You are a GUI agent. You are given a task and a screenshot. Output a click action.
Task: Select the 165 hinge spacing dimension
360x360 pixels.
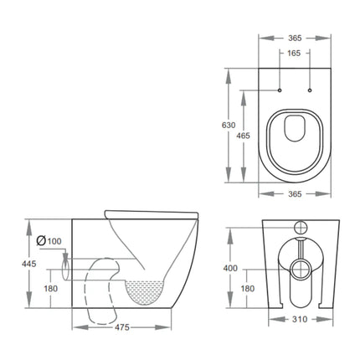(293, 54)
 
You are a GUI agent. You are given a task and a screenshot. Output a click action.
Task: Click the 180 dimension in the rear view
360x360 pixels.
(249, 289)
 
